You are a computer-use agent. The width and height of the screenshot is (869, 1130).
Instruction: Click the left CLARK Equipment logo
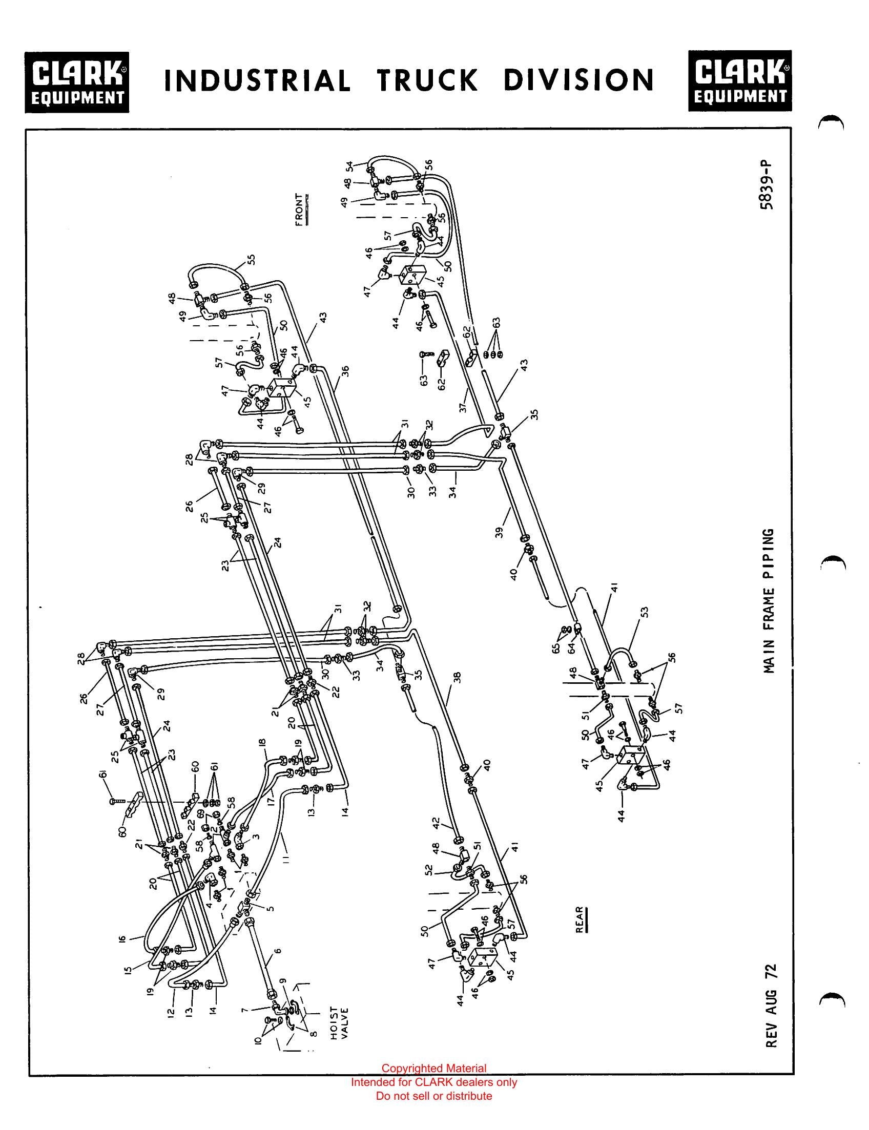tap(77, 82)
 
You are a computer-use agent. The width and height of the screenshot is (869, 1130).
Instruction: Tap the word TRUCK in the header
tap(427, 80)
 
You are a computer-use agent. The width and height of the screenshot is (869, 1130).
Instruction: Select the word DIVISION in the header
tap(579, 80)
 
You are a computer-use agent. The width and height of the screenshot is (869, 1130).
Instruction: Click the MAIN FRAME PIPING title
tap(769, 601)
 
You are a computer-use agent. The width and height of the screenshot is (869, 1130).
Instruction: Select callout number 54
tap(349, 166)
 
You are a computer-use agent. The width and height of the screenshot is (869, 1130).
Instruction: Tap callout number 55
tap(252, 260)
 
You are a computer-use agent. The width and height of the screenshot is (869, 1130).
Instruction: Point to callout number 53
tap(644, 612)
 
